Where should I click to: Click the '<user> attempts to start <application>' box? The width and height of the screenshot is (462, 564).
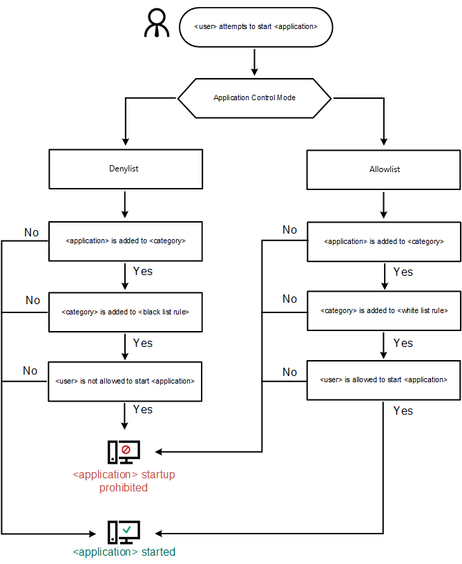tap(256, 27)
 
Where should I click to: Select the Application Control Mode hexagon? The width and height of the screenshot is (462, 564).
tap(254, 98)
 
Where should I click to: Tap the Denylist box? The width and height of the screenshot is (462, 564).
tap(125, 169)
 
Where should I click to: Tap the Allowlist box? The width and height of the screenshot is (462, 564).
tap(384, 169)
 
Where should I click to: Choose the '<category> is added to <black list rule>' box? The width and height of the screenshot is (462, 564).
tap(125, 312)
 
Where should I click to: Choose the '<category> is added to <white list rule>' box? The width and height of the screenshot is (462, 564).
tap(384, 312)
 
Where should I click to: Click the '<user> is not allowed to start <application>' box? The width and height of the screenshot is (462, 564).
tap(125, 381)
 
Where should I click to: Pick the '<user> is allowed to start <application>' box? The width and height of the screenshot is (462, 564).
tap(384, 380)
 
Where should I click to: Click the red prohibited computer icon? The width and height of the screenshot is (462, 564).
tap(124, 452)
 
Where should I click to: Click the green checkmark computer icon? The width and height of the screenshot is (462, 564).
tap(124, 532)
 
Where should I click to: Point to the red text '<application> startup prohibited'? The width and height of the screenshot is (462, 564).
tap(124, 481)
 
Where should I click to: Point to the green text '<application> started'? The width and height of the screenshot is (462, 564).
tap(124, 552)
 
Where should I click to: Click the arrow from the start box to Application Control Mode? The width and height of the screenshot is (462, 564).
tap(255, 62)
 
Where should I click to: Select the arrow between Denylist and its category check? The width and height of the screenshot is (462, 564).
tap(125, 205)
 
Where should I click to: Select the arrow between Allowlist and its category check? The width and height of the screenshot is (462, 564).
tap(384, 205)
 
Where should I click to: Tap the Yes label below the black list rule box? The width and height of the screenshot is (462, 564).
tap(142, 344)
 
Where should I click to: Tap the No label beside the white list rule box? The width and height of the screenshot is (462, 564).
tap(290, 299)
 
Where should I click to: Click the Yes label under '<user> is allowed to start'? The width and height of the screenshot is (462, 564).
tap(403, 411)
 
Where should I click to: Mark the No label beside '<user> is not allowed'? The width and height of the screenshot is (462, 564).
tap(30, 371)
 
